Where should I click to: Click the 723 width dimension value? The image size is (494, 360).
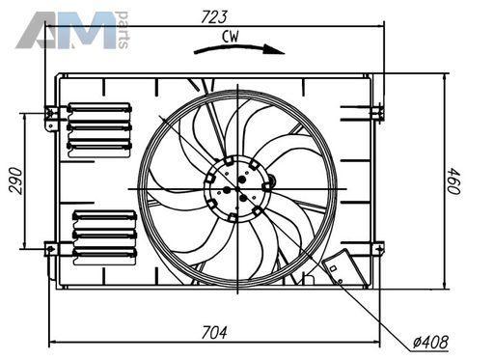214,16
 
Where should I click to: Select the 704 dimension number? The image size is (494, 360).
214,332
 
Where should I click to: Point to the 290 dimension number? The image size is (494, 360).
15,180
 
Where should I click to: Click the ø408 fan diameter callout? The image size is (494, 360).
431,342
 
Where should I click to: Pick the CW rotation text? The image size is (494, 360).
231,37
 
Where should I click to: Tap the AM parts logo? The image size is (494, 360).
72,30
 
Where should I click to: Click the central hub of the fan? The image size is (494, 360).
237,189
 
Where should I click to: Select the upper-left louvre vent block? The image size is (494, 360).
99,130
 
